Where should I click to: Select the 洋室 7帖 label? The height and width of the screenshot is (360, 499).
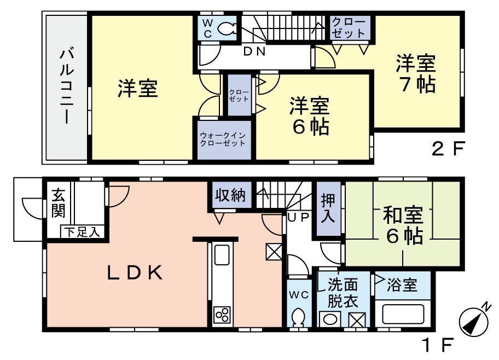[416, 74]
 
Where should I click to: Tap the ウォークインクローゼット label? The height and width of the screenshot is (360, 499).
[222, 139]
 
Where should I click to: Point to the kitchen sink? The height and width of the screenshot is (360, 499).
[222, 254]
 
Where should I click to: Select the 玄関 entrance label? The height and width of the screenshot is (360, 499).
[58, 202]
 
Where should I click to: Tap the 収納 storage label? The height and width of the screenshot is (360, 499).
[230, 195]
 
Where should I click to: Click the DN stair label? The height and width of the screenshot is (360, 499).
[254, 53]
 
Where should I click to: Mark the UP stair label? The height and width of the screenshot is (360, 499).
[299, 217]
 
